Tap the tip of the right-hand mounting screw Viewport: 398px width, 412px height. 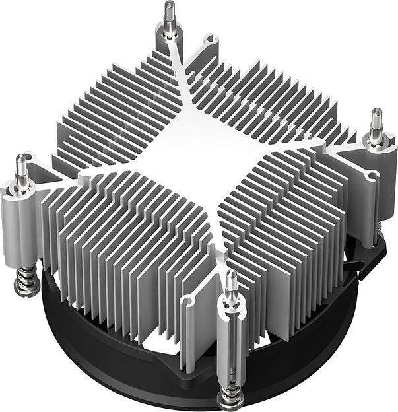(376, 119)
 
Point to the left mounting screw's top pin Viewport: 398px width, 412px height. (21, 166)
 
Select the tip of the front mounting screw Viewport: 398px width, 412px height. (231, 281)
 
